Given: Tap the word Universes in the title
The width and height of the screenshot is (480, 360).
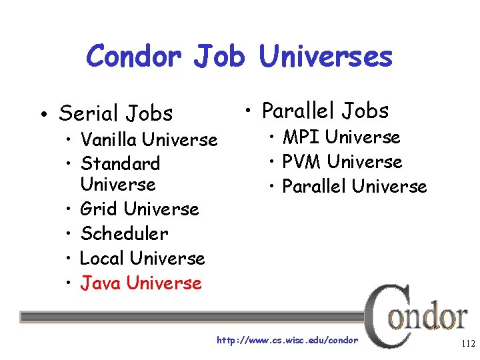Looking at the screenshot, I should (x=326, y=56).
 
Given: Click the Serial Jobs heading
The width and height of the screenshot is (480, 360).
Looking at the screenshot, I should (x=115, y=114).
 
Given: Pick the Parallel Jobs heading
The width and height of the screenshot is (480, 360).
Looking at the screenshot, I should (x=325, y=110).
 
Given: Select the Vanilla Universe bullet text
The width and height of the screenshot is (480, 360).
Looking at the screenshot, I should (x=148, y=140).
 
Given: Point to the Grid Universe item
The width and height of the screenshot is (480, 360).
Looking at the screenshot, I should (x=139, y=209).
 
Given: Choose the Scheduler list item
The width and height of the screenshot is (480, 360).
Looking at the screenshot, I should (x=124, y=234).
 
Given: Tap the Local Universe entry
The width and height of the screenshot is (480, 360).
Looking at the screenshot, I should (x=142, y=258).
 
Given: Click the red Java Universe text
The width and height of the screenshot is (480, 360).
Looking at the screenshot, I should (x=141, y=283).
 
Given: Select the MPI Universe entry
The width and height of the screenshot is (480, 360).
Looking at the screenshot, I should (x=341, y=137).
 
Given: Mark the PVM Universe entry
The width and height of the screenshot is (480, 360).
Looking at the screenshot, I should (x=342, y=162).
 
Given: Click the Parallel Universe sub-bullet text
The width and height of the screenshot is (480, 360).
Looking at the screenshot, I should (x=354, y=187).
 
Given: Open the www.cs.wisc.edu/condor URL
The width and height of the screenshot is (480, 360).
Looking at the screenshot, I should (x=287, y=341).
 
